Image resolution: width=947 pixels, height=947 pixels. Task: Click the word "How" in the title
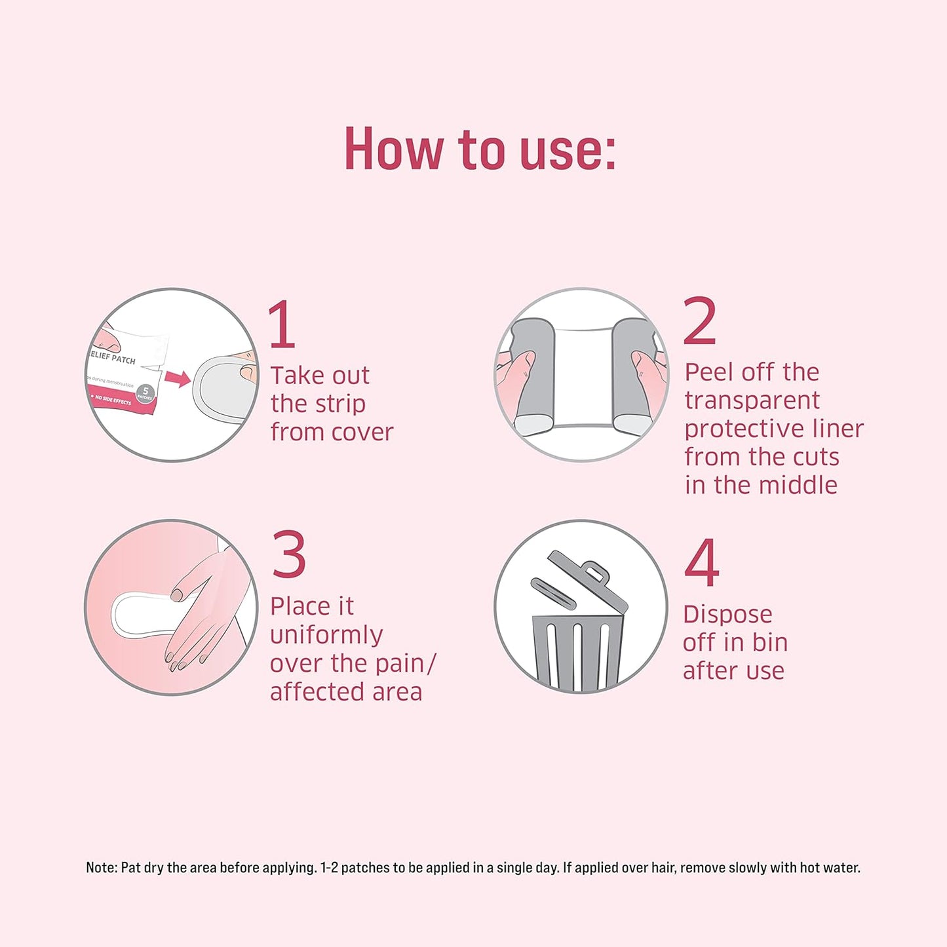(394, 148)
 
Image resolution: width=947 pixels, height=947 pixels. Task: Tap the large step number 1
(282, 324)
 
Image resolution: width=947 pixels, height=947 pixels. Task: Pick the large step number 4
(702, 562)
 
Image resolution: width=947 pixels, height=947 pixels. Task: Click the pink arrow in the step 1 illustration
(178, 378)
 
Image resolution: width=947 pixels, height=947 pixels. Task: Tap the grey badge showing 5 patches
(145, 393)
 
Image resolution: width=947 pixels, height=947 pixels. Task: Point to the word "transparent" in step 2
(752, 400)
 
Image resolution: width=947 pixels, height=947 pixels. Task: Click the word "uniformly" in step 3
(326, 636)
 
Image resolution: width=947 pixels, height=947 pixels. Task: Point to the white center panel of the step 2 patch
(583, 378)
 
